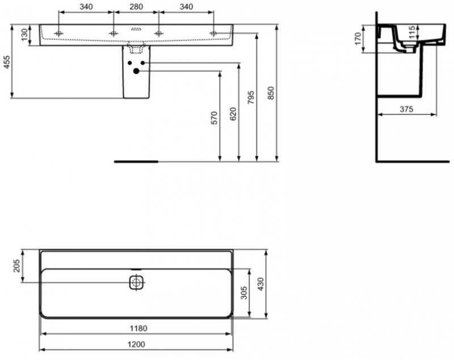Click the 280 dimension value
pyautogui.click(x=136, y=6)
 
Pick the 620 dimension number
pyautogui.click(x=233, y=114)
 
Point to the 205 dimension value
pyautogui.click(x=16, y=265)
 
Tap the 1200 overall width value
pyautogui.click(x=136, y=344)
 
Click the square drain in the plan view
pyautogui.click(x=136, y=282)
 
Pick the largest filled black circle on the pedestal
pyautogui.click(x=136, y=71)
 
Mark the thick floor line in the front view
pyautogui.click(x=136, y=161)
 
